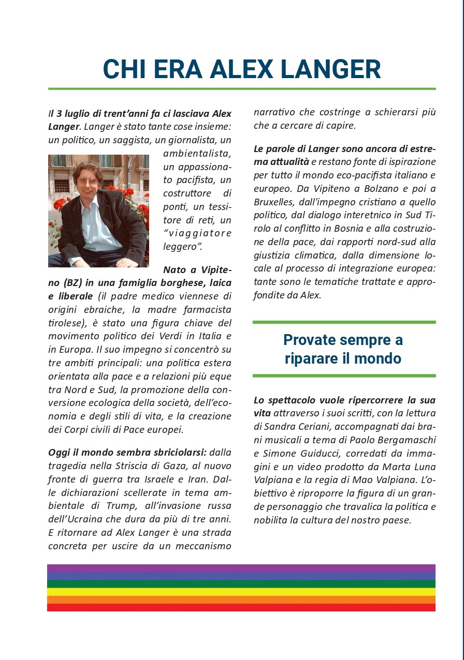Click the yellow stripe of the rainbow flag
[241, 592]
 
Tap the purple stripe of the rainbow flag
[241, 568]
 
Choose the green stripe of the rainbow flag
[241, 584]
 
